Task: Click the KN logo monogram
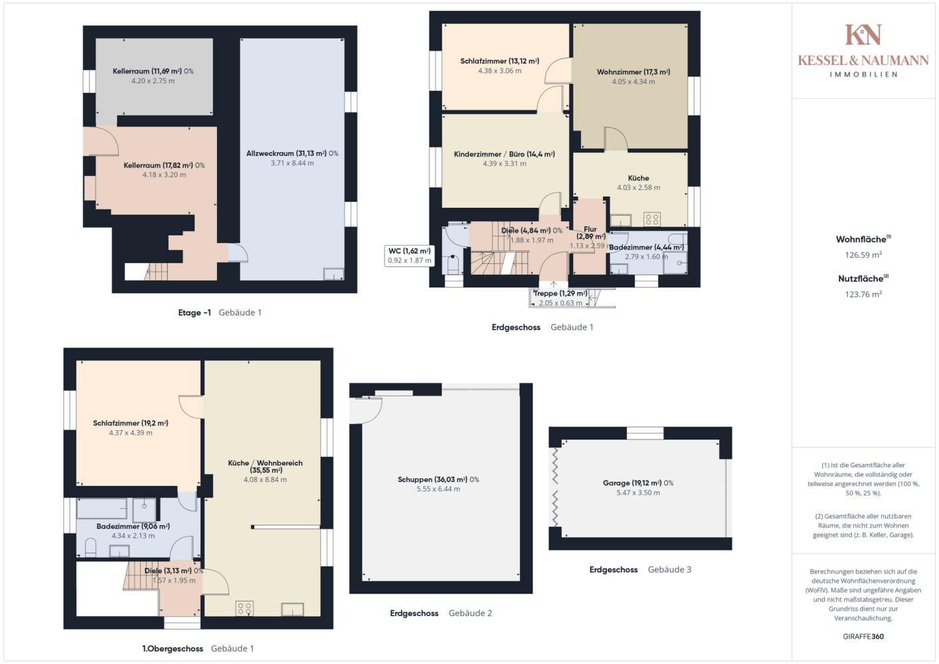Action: pos(863,35)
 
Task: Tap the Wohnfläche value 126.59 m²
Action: pos(863,255)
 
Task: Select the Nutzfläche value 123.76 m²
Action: pos(863,294)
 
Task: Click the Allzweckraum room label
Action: pos(292,153)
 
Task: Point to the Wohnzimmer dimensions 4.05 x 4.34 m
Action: pos(633,82)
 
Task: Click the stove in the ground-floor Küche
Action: pos(652,219)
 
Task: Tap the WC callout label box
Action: pos(409,256)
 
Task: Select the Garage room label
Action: pos(638,483)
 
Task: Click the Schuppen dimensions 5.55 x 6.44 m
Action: pos(438,489)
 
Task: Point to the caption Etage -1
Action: pos(195,313)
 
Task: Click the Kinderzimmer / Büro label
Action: pos(504,154)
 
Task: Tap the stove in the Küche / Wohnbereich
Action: pos(244,609)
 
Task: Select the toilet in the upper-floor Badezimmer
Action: pos(90,548)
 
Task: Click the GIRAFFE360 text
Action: pos(863,636)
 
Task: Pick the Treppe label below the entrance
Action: pos(560,293)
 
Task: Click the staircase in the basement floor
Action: pos(156,272)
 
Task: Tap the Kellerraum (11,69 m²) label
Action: pos(153,71)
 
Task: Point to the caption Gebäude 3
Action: pos(669,570)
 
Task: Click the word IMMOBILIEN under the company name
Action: pos(863,74)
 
